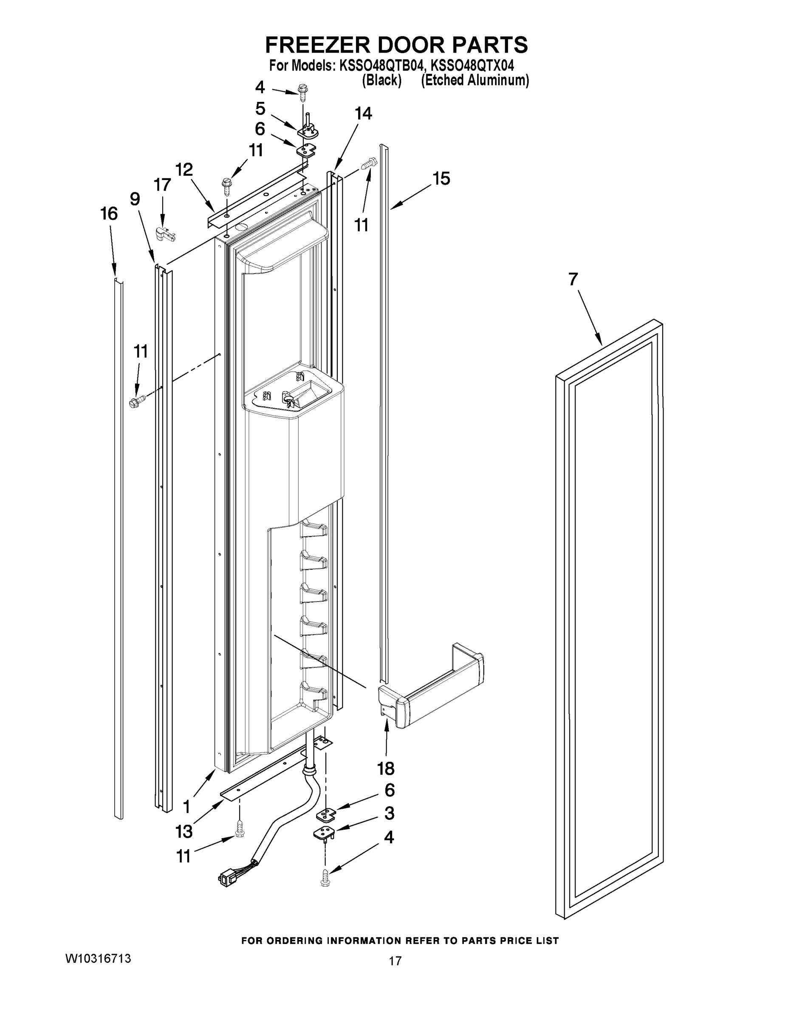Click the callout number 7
tap(573, 279)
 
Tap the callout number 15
tap(441, 179)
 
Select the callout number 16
tap(109, 214)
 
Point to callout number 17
tap(162, 185)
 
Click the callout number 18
tap(386, 768)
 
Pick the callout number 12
tap(184, 170)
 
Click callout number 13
tap(184, 831)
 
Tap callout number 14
tap(363, 113)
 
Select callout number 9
tap(134, 199)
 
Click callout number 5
tap(260, 109)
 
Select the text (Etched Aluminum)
tap(475, 80)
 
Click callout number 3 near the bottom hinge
tap(389, 813)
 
